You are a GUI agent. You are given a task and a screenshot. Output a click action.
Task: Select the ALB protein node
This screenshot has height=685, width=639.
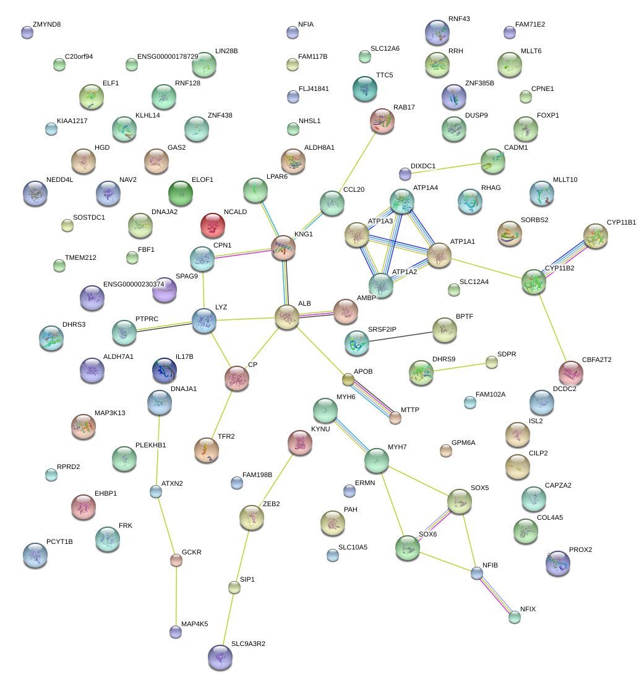(287, 316)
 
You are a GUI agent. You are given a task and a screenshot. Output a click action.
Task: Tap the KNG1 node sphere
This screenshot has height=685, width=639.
(283, 247)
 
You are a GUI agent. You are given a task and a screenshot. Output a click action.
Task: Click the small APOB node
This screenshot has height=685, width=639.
(348, 379)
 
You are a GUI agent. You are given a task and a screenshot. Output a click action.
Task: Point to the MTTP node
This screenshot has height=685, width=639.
(395, 418)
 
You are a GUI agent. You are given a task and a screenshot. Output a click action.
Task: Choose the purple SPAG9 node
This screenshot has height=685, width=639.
(164, 289)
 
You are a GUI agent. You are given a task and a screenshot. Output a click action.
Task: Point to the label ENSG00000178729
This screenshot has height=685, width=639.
(167, 57)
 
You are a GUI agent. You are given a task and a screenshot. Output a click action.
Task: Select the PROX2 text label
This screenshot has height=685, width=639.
(580, 549)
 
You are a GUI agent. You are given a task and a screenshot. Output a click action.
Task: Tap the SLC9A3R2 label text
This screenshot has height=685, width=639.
(248, 644)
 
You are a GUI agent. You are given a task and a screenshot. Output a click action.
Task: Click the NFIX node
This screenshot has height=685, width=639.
(515, 616)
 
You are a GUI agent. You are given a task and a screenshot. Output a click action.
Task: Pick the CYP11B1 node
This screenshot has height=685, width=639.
(595, 236)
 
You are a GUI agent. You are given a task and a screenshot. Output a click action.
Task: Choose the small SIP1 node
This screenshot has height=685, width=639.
(234, 587)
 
